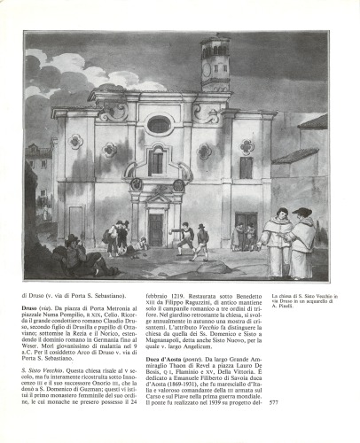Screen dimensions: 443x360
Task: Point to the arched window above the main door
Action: [x=157, y=161]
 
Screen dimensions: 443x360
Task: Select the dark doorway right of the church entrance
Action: [x=245, y=230]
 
